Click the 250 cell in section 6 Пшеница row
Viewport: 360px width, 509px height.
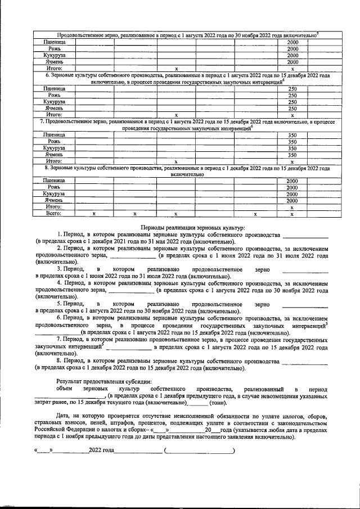pos(292,88)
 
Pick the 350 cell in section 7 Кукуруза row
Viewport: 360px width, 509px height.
pos(292,148)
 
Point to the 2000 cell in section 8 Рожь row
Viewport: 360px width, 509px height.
pos(292,187)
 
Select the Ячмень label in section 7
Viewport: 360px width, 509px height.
pos(54,155)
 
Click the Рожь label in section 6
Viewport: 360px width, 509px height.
pos(54,95)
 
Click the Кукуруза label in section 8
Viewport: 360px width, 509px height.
pos(54,194)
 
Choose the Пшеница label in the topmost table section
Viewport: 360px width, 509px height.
pos(54,43)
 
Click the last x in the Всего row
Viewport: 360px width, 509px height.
pos(292,214)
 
